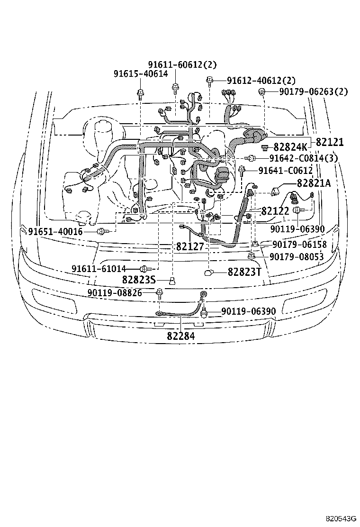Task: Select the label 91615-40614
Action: pos(140,73)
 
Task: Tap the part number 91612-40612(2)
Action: pos(261,81)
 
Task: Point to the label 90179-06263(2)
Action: pos(313,92)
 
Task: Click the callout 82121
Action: pos(330,142)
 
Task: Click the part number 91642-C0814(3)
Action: pos(297,158)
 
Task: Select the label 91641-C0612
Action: pos(286,170)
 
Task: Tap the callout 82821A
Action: pos(314,183)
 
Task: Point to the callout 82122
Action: pos(275,211)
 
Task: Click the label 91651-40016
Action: pos(55,231)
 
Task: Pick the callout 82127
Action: pos(189,247)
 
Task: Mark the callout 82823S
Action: pos(139,280)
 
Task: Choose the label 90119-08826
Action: pos(115,293)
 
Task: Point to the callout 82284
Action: pos(180,335)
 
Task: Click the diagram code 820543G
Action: pos(340,518)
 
